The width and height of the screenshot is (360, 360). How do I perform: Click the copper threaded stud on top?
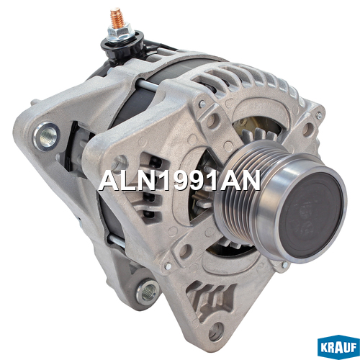[x=117, y=18]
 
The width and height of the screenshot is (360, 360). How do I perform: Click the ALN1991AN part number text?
[x=179, y=180]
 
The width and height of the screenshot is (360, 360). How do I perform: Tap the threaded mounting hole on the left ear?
[x=46, y=136]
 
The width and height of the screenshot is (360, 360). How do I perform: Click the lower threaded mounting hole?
[x=148, y=292]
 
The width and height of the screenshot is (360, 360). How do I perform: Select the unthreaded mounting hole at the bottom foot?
[x=216, y=332]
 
